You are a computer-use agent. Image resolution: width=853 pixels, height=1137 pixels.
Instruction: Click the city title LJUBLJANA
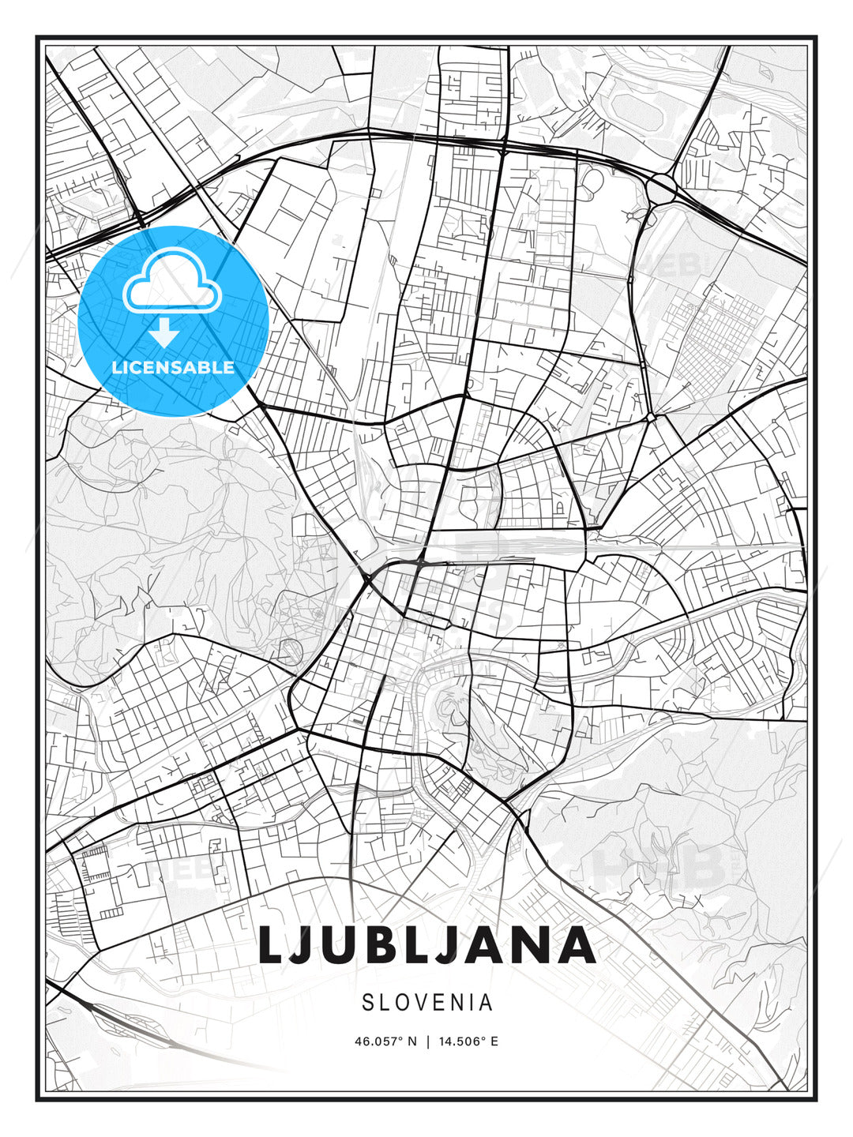click(426, 945)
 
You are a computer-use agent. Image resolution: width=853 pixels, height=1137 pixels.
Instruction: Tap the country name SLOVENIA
click(427, 1003)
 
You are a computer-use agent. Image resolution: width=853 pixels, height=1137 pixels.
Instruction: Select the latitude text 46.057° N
click(385, 1041)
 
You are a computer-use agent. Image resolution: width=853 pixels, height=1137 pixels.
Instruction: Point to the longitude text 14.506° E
click(467, 1041)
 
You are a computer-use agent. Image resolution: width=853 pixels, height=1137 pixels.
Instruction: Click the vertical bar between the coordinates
click(427, 1041)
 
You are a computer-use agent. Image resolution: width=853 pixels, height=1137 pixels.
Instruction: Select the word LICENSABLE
click(173, 367)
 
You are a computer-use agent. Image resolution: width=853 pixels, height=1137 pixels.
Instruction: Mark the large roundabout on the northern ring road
click(662, 188)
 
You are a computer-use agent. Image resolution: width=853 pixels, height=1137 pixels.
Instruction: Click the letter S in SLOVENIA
click(367, 1003)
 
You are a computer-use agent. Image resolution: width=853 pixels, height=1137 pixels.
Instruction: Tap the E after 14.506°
click(494, 1041)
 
